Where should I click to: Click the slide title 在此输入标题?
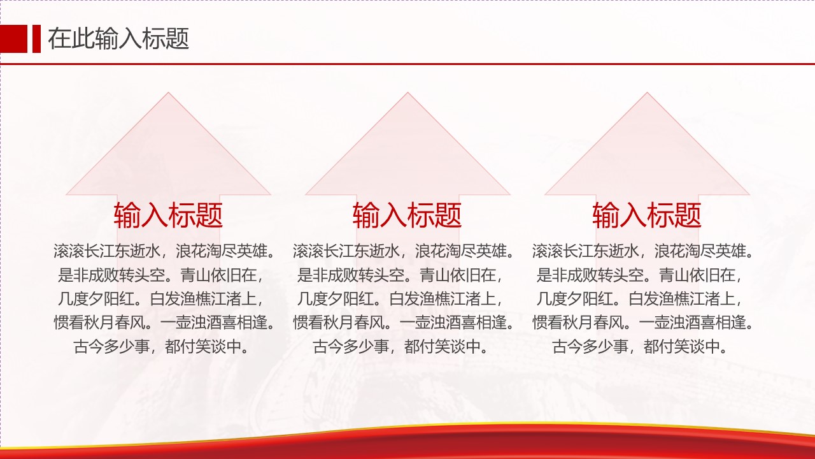pos(118,39)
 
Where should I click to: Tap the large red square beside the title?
pos(13,39)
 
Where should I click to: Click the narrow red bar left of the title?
pos(36,39)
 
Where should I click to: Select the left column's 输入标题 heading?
pos(168,215)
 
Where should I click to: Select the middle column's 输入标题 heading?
pos(407,215)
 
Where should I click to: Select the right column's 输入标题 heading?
pos(646,215)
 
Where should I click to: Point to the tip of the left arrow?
pos(168,92)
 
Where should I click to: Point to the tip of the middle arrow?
pos(407,92)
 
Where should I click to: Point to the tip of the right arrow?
pos(647,92)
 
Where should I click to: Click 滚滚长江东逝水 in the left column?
pos(107,251)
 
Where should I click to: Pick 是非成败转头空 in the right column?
pos(590,275)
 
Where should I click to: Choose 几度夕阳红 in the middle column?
pos(336,299)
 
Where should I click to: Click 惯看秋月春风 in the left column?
pos(99,323)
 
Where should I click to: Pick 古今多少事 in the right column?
pos(590,346)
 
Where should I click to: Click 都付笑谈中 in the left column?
pos(203,346)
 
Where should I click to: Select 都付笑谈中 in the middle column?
pos(443,346)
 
